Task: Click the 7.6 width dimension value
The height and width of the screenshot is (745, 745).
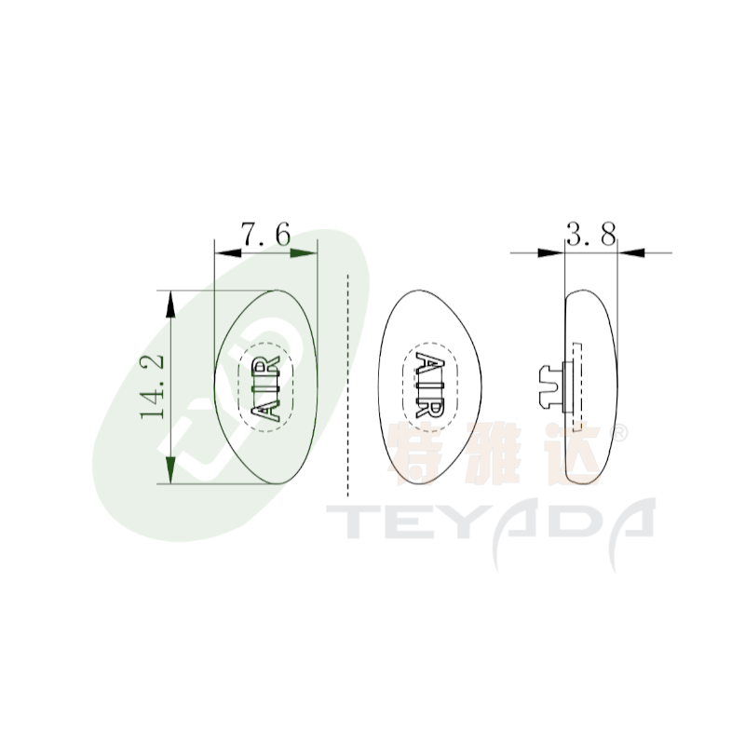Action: (x=265, y=235)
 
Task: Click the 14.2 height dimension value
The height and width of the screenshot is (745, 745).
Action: (x=153, y=386)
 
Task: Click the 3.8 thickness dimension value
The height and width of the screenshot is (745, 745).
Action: (x=591, y=234)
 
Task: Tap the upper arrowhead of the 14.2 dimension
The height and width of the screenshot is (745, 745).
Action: (x=170, y=305)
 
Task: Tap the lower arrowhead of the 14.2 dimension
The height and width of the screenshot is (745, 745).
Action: (x=170, y=470)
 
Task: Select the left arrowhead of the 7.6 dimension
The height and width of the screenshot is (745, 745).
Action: (x=227, y=253)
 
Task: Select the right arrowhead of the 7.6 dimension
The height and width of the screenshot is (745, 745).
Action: (x=304, y=253)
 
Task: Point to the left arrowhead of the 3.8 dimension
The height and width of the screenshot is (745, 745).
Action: (x=550, y=252)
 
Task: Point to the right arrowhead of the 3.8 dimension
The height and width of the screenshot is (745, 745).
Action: (x=631, y=252)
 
